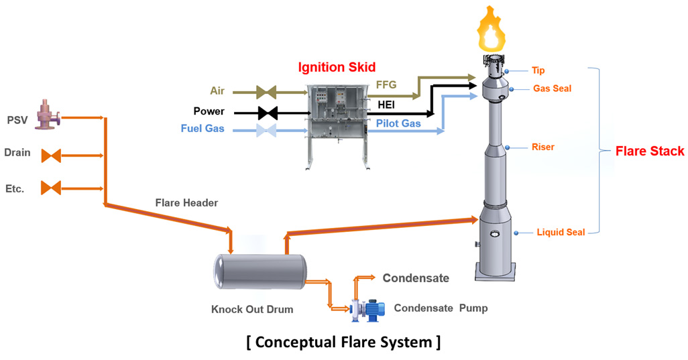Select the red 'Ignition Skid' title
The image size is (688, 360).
pos(337,67)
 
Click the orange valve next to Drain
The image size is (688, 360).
pos(51,156)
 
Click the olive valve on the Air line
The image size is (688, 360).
pos(267,91)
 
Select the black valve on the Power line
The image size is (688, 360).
pos(268,112)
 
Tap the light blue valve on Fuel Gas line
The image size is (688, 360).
pos(268,130)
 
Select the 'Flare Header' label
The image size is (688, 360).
pos(186,202)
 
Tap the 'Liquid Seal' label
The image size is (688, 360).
pos(561,233)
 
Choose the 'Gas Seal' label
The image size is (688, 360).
pos(552,88)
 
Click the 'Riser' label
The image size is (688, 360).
pos(542,147)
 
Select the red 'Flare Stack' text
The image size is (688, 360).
pos(650,152)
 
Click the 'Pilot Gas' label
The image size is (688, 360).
pos(398,123)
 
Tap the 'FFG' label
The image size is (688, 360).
pos(387,84)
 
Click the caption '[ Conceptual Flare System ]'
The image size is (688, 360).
pos(343,342)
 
